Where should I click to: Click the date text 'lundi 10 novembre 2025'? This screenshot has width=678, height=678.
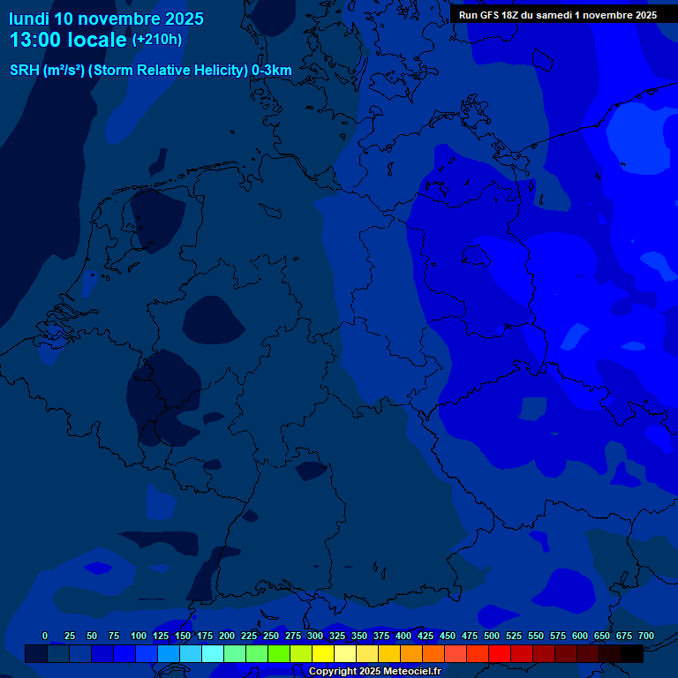(x=106, y=19)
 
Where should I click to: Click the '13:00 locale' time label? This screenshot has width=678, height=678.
(x=69, y=40)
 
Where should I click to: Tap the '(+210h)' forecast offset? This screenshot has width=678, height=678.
(x=157, y=40)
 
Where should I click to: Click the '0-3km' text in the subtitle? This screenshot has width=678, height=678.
(x=271, y=71)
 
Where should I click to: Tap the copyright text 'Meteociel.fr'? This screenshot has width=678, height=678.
(x=406, y=672)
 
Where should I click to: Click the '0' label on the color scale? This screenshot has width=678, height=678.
(x=45, y=636)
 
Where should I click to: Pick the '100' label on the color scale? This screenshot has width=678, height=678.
(x=139, y=636)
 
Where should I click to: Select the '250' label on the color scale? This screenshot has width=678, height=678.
(x=271, y=636)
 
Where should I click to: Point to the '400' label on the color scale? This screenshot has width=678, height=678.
(x=403, y=636)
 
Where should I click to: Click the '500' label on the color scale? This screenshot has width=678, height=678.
(x=492, y=636)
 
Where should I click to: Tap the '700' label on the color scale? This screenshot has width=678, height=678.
(x=646, y=636)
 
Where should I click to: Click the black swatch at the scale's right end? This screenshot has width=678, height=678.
(x=632, y=654)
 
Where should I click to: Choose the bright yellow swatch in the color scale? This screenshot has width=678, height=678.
(x=323, y=654)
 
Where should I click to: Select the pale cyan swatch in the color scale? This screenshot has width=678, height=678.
(x=213, y=654)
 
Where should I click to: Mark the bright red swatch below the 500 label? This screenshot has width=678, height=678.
(x=500, y=654)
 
